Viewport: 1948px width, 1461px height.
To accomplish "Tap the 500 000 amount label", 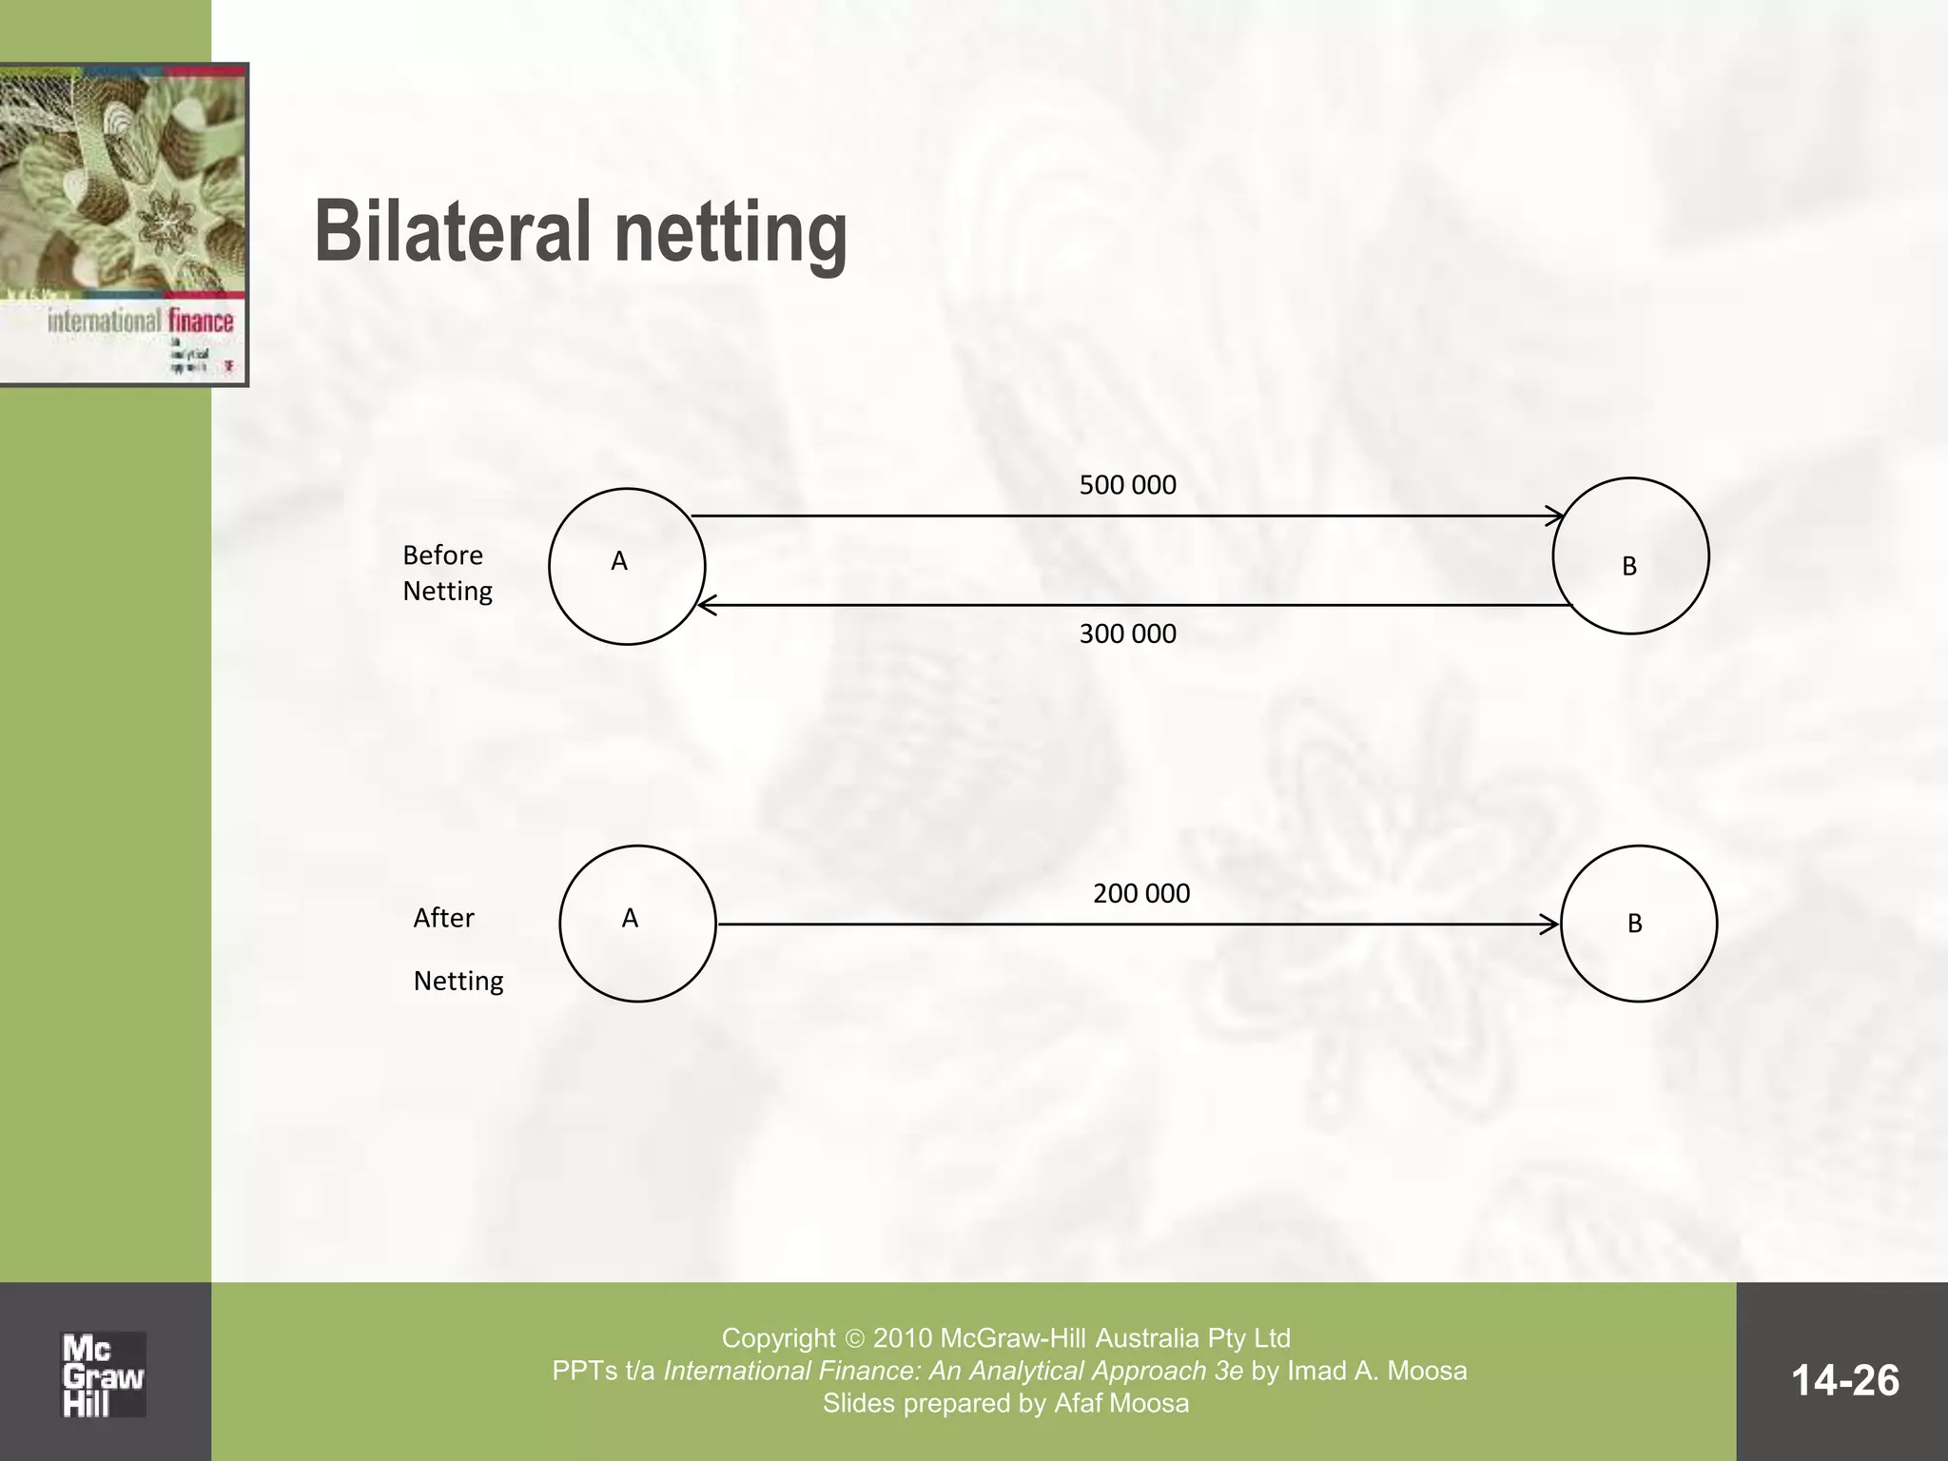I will [x=1127, y=485].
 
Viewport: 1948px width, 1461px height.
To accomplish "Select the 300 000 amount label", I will [x=1127, y=633].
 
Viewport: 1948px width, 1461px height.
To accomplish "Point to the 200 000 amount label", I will [x=1140, y=894].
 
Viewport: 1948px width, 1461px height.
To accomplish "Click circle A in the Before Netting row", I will [x=627, y=566].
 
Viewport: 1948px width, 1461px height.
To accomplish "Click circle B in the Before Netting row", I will [x=1630, y=555].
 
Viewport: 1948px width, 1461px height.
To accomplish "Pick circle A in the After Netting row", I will [x=637, y=923].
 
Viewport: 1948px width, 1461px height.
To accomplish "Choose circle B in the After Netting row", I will [x=1638, y=923].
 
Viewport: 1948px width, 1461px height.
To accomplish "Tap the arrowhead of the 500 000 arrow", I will [x=1556, y=516].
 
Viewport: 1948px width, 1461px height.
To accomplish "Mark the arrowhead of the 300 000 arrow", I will [x=706, y=605].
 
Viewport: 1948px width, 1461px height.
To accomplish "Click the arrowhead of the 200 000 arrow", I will [x=1550, y=924].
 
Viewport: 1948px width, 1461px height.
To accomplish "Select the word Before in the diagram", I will [x=442, y=555].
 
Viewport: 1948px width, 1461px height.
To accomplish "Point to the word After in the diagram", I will [x=443, y=918].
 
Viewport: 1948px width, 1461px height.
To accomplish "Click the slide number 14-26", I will [x=1844, y=1380].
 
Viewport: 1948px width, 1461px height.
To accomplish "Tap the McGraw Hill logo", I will [x=103, y=1375].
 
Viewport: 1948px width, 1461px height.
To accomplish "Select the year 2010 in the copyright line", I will [x=903, y=1338].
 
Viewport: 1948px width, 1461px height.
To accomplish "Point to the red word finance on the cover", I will [x=201, y=321].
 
